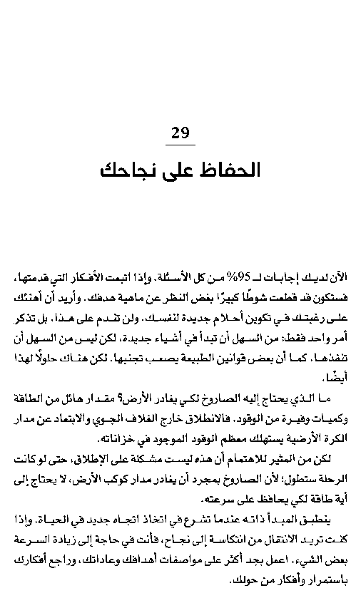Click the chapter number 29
click(180, 133)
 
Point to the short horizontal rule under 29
click(180, 145)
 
